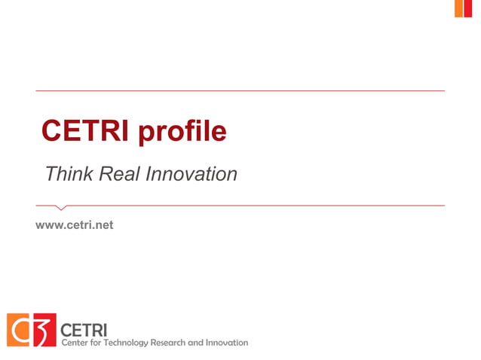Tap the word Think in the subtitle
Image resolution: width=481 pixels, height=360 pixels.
coord(69,174)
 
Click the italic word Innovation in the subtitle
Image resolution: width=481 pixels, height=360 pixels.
coord(191,174)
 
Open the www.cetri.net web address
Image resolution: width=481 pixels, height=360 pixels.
coord(75,224)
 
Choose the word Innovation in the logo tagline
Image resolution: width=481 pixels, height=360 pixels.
coord(226,343)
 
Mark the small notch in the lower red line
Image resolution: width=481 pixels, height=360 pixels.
coord(62,207)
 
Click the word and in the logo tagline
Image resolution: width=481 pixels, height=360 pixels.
coord(195,343)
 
